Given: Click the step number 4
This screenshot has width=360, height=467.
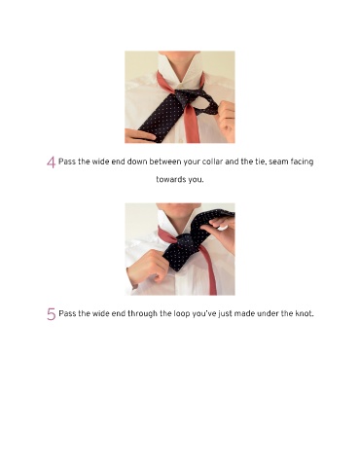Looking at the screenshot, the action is pos(51,162).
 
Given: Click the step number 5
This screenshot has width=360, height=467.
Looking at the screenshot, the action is pos(52,314).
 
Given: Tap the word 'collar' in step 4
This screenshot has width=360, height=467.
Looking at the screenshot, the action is pos(212,162).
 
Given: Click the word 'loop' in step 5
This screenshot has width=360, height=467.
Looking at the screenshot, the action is pos(173,314).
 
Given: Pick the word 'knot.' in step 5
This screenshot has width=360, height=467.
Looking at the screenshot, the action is pos(305,313).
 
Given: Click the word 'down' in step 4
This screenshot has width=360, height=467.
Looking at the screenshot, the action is pos(136,162).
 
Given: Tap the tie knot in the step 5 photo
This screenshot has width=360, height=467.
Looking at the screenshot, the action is pos(186,242).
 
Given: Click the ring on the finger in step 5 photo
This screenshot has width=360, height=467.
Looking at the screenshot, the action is pos(223,227).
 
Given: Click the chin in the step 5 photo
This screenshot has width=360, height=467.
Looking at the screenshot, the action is pos(179,205).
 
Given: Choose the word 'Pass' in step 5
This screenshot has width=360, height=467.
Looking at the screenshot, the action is pos(67,313).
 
